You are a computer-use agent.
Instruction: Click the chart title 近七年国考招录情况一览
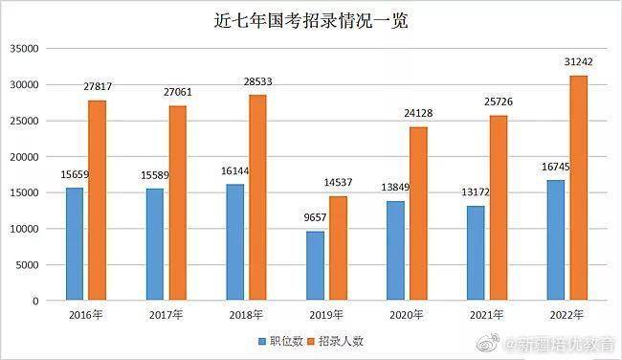tap(311, 20)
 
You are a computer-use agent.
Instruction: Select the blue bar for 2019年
tap(316, 265)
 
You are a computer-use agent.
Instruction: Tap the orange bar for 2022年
tap(579, 188)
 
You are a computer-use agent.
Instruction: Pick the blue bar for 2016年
tap(76, 244)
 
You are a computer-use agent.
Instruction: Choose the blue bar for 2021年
tap(476, 253)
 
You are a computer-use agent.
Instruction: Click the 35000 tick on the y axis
tap(24, 49)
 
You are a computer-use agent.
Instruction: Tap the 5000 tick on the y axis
tap(27, 265)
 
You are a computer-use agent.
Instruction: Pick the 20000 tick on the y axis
tap(24, 157)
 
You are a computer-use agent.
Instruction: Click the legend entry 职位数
tap(279, 340)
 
